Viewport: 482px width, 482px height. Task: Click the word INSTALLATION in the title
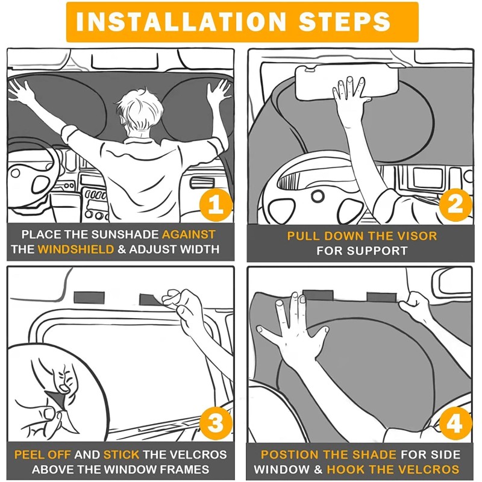[181, 22]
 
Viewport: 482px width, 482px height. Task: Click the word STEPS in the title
[345, 22]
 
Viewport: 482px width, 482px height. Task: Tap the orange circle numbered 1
[216, 205]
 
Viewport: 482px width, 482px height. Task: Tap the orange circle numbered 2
[455, 205]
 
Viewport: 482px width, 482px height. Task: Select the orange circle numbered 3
[216, 423]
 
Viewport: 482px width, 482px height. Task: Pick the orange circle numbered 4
[455, 424]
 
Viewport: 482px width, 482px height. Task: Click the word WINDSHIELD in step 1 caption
[76, 249]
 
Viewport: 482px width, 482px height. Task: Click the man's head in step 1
[139, 112]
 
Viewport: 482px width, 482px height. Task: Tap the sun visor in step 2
[346, 83]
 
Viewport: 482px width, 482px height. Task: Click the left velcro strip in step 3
[89, 298]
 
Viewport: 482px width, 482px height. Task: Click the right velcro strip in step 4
[382, 297]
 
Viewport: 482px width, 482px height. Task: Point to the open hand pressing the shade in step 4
[293, 330]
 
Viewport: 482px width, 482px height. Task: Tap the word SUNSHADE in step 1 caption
[125, 234]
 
